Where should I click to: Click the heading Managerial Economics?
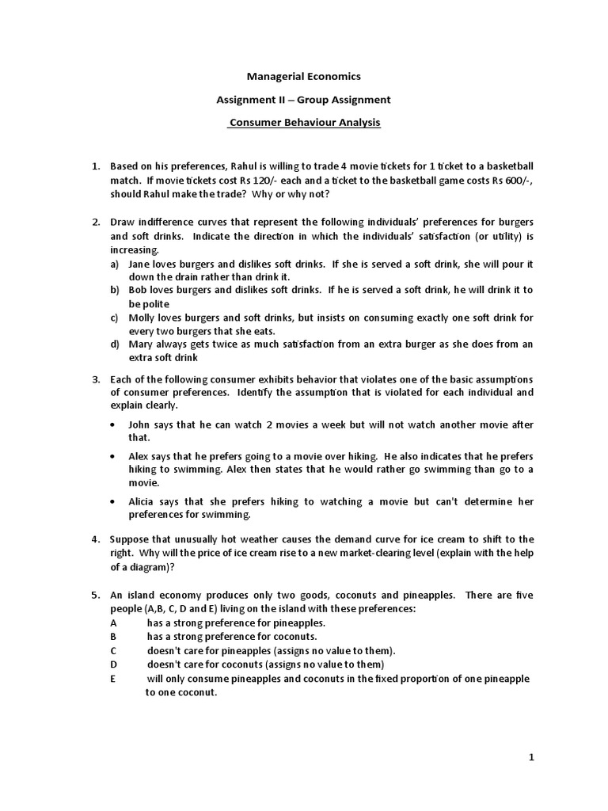pyautogui.click(x=304, y=77)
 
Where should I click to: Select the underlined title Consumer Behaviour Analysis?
pyautogui.click(x=304, y=123)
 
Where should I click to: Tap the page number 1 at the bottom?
pyautogui.click(x=532, y=757)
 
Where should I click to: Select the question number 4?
pyautogui.click(x=95, y=539)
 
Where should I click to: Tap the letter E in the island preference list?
pyautogui.click(x=112, y=679)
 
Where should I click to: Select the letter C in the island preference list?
pyautogui.click(x=113, y=651)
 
